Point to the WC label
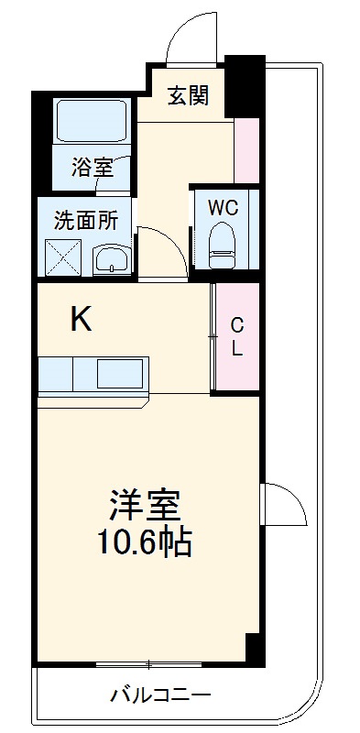point(223,208)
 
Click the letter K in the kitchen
point(82,319)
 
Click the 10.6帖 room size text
point(145,544)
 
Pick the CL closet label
point(236,337)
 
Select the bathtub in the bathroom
point(92,119)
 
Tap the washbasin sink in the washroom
point(111,259)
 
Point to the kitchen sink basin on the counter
point(121,374)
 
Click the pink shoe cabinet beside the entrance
point(245,149)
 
